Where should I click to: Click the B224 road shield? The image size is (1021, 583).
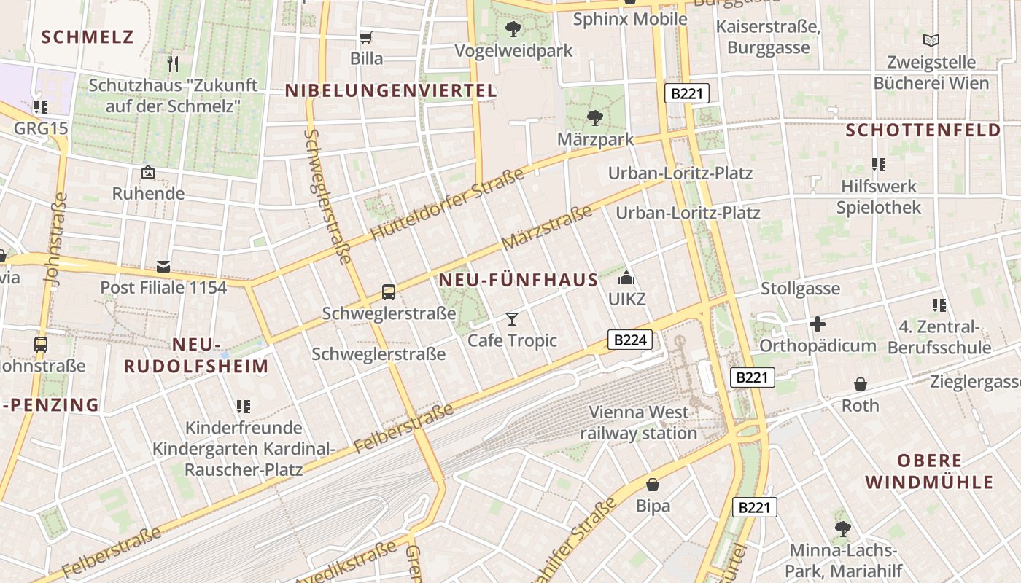pos(629,340)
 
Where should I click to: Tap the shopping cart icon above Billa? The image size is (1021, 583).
pos(366,36)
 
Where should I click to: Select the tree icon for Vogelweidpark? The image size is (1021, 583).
pos(513,29)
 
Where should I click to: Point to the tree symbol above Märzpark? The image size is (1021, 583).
pos(595,117)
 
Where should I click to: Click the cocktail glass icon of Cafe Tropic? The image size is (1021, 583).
pos(512,319)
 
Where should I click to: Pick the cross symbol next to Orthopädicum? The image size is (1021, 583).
pos(818,324)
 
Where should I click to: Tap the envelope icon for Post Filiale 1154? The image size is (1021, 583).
pos(163,267)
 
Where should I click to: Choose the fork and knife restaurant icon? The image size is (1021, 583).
pos(173,64)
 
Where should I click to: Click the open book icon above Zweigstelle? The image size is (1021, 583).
pos(931,40)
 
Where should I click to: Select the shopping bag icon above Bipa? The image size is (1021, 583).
pos(653,485)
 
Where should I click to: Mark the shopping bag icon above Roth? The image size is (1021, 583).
pos(861,384)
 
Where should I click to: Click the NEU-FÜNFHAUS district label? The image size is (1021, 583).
pos(519,280)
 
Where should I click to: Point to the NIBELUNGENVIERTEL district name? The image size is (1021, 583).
pos(391,91)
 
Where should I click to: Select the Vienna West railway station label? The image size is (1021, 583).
pos(639,423)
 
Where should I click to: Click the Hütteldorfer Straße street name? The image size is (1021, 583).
pos(447,205)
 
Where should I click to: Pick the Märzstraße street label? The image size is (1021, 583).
pos(547,227)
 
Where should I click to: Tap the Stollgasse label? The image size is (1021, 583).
pos(800,289)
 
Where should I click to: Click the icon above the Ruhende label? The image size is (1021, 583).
pos(148,173)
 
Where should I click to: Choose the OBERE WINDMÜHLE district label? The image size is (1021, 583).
pos(928,471)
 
